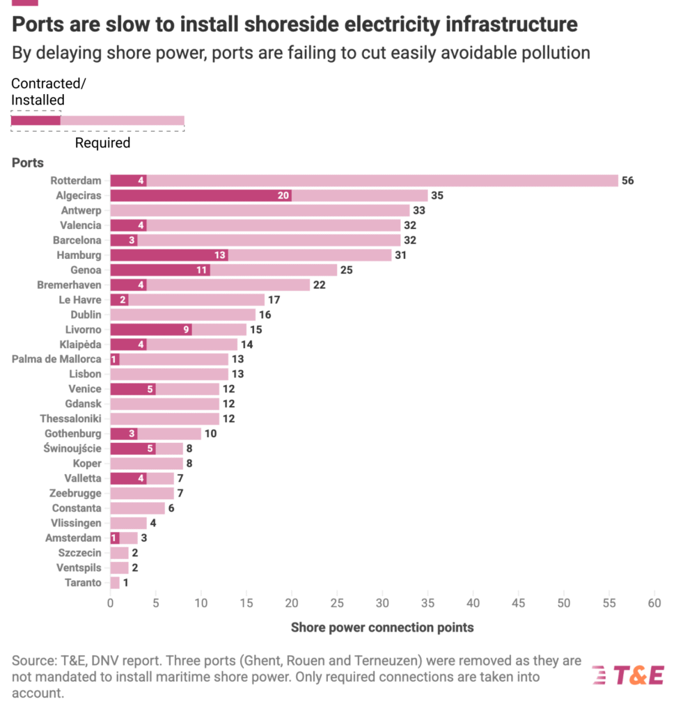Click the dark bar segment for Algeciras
(201, 196)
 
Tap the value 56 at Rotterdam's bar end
(628, 180)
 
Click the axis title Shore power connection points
(382, 627)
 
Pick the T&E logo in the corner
(628, 674)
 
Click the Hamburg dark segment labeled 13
(169, 255)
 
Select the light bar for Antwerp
(260, 210)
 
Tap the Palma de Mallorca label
(56, 359)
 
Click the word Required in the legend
(102, 143)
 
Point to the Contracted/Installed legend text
(49, 92)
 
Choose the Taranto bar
(115, 583)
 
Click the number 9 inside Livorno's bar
(187, 329)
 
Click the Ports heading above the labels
(28, 163)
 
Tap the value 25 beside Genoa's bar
(347, 269)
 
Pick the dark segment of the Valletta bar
(128, 478)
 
